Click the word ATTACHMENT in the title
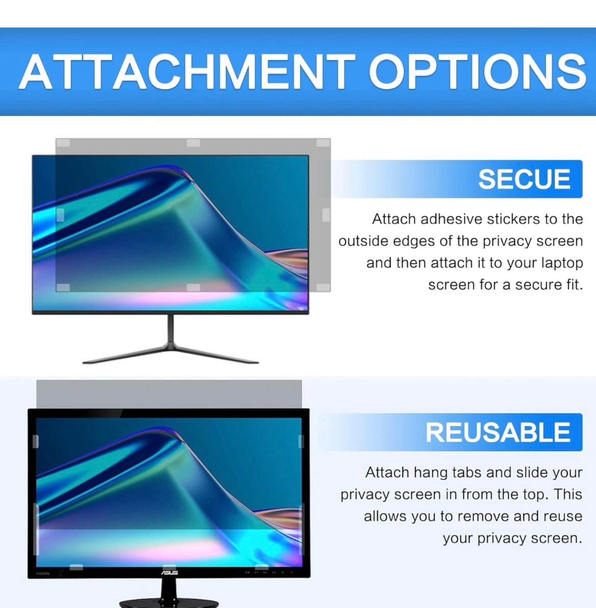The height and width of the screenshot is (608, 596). (x=187, y=72)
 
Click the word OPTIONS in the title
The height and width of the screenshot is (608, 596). (x=478, y=72)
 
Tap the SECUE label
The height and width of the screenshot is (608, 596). (x=524, y=179)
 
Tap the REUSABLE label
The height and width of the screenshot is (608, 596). (x=498, y=432)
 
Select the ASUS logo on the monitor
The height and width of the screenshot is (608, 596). (x=170, y=572)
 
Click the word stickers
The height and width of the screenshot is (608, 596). (x=513, y=219)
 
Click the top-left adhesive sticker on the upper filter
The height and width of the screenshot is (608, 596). (x=63, y=143)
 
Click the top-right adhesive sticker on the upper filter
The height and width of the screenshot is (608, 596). (x=323, y=143)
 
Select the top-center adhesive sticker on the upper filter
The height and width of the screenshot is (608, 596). (x=194, y=143)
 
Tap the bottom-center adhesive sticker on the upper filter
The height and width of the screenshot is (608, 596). (x=194, y=287)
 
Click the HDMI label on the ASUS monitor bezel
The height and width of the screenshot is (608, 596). (x=43, y=573)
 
